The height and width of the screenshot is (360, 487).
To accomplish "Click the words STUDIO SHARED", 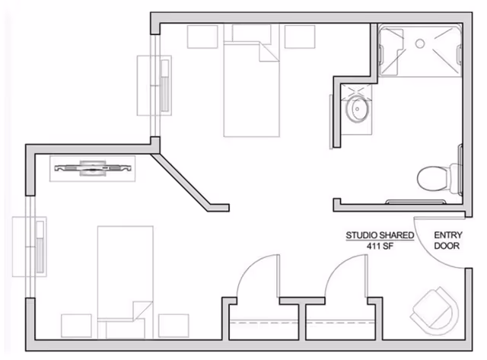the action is click(x=380, y=235).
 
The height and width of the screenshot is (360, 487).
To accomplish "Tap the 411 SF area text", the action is click(x=380, y=247).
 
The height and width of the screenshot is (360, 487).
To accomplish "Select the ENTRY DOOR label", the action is click(x=448, y=241).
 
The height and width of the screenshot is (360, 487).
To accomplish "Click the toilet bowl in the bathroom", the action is click(x=432, y=179).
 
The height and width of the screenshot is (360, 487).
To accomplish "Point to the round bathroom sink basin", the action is click(x=358, y=110).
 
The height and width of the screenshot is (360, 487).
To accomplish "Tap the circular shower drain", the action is click(x=420, y=43).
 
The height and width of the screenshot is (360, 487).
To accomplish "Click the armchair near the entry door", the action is click(x=434, y=311).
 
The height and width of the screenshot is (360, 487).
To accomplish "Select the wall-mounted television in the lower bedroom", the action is click(x=93, y=168).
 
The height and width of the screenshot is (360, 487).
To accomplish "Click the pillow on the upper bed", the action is click(x=252, y=33).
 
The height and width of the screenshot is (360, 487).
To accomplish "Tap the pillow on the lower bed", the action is click(x=125, y=329).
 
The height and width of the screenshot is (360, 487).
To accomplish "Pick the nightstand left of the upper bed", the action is click(x=202, y=37).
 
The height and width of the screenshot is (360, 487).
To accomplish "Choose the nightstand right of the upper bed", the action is click(x=300, y=37).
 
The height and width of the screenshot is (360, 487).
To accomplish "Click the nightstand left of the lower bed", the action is click(x=76, y=326).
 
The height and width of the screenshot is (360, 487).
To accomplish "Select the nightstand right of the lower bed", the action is click(x=173, y=326).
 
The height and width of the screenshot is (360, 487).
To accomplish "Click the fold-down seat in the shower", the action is click(x=391, y=53).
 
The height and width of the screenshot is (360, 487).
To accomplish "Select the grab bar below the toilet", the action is click(x=415, y=202).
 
